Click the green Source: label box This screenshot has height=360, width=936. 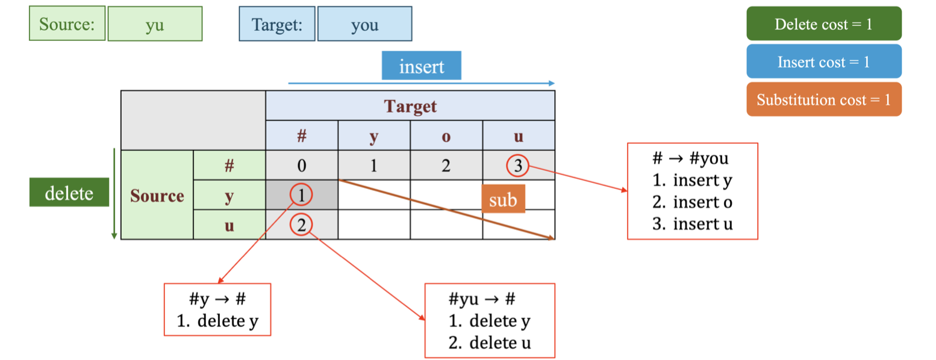click(x=67, y=24)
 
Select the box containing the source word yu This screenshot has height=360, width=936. click(x=155, y=24)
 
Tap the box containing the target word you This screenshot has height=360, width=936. click(x=364, y=24)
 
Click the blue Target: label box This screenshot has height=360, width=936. click(x=278, y=24)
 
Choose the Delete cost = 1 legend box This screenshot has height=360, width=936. click(x=823, y=24)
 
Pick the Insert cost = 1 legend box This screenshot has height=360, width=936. click(x=823, y=61)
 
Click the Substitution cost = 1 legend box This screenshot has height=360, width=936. click(x=823, y=99)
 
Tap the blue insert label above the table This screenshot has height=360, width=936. click(x=421, y=66)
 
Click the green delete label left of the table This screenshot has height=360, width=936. click(x=69, y=193)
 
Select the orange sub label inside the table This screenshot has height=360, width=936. click(x=503, y=200)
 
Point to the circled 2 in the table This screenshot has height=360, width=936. click(x=301, y=225)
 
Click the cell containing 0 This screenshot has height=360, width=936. click(x=302, y=165)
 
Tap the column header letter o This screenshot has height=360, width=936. click(x=446, y=135)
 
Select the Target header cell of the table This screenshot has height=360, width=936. click(x=410, y=106)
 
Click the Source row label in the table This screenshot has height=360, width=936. click(x=157, y=195)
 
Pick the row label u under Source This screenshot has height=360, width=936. click(x=229, y=225)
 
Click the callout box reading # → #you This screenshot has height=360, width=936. click(x=692, y=191)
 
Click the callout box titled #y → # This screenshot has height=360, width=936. click(x=217, y=309)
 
